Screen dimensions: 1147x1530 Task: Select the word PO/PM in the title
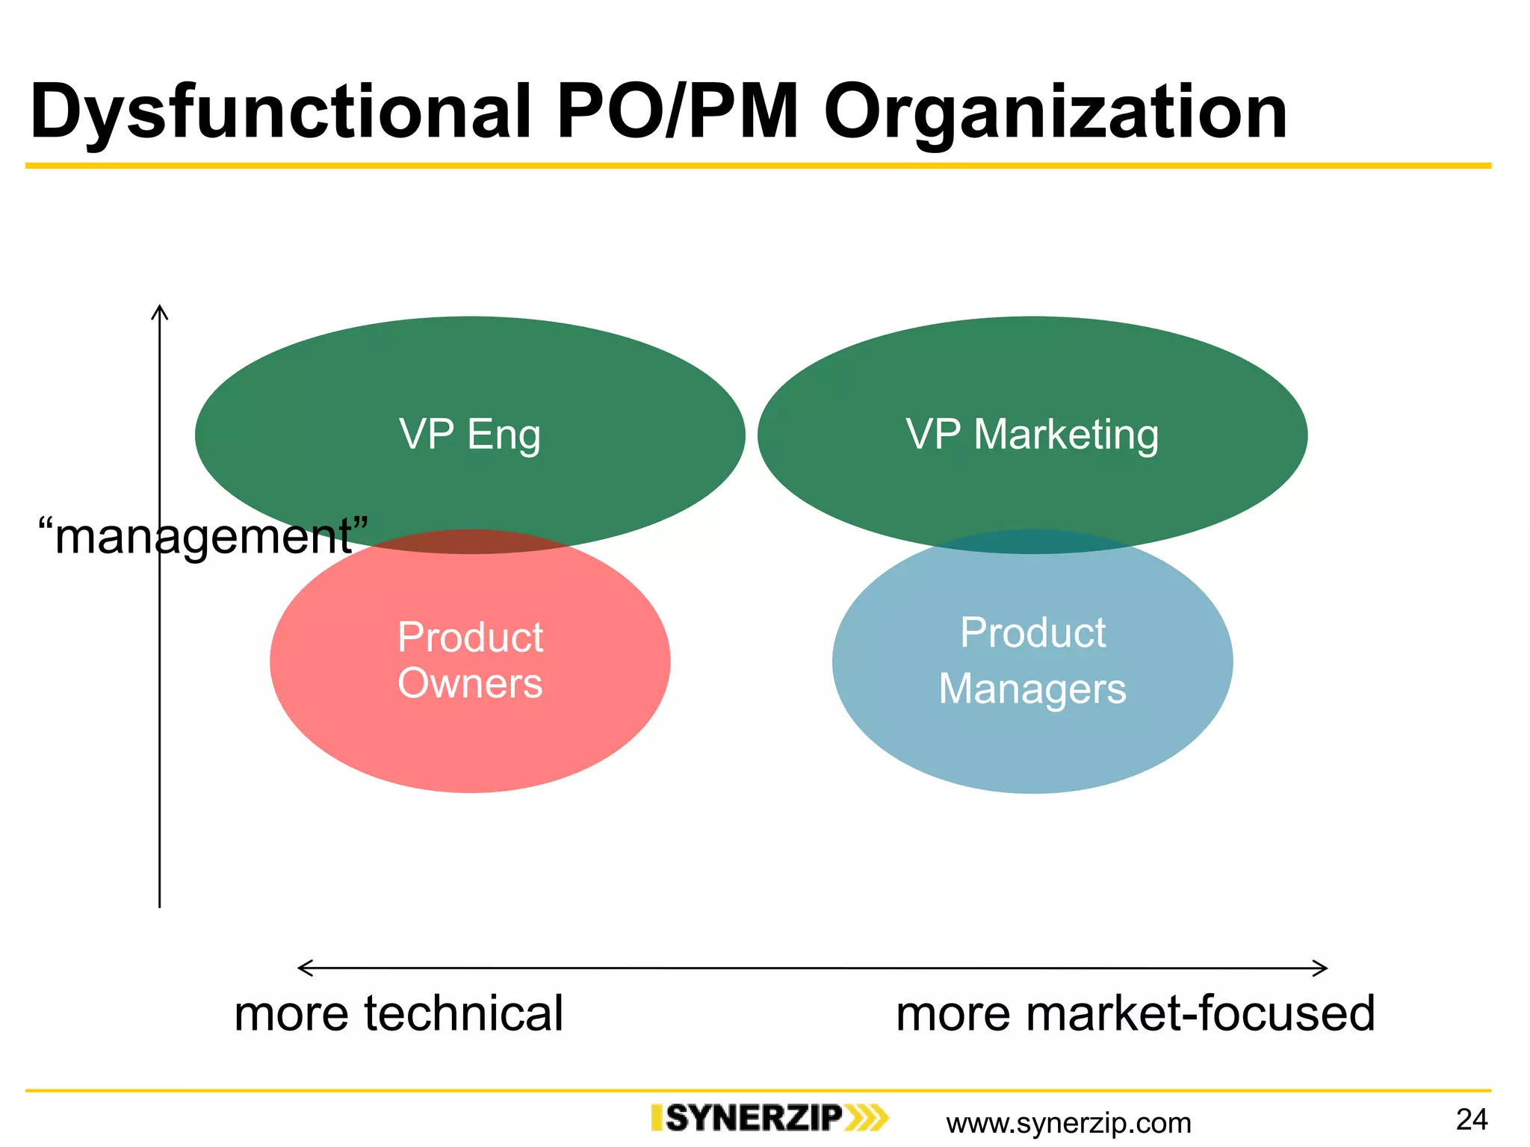coord(677,112)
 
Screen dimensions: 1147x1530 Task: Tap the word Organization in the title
coord(1055,112)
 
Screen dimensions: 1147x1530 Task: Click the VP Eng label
coord(470,435)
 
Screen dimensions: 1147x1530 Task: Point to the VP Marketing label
coord(1032,435)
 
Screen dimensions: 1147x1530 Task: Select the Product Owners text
coord(470,660)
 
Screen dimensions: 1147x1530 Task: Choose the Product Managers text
coord(1032,660)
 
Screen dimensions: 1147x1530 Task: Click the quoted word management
coord(203,536)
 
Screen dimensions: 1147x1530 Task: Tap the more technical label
coord(398,1013)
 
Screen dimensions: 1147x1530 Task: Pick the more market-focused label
coord(1135,1013)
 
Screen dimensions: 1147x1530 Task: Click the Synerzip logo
coord(769,1118)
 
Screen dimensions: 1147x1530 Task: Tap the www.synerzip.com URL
coord(1068,1123)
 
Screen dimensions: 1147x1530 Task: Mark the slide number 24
coord(1472,1119)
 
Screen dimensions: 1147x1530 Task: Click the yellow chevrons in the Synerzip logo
coord(867,1118)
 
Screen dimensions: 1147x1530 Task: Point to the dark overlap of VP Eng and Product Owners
coord(471,542)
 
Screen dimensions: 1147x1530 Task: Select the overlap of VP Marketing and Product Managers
coord(1032,542)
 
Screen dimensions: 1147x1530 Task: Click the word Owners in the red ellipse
coord(470,683)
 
